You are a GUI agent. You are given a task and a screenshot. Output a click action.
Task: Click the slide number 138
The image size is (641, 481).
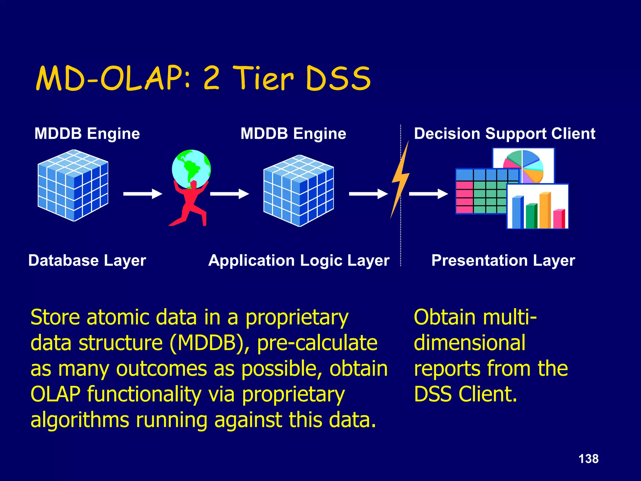588,459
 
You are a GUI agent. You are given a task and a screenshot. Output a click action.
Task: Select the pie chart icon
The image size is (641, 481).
523,166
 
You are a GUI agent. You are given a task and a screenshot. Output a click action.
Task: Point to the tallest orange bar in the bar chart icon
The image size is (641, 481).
545,210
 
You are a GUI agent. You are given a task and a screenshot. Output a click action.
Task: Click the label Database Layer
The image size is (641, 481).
87,261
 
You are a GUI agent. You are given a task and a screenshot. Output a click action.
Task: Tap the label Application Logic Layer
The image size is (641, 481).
299,261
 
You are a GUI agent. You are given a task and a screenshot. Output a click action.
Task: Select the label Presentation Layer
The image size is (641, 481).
503,261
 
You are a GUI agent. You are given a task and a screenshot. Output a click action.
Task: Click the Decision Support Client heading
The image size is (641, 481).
505,134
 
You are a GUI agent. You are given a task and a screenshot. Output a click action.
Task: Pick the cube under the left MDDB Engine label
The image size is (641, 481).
73,185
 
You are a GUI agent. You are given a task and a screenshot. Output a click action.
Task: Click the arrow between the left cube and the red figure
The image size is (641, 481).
143,194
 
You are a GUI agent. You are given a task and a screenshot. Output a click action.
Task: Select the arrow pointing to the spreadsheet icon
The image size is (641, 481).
428,194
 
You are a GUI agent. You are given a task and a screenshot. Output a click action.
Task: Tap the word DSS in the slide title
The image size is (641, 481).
338,78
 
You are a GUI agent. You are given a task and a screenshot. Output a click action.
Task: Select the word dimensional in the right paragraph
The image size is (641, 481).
469,343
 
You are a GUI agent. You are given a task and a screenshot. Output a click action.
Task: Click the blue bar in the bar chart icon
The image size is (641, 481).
517,212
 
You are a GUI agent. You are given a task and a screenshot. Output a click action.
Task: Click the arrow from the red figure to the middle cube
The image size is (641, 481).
229,194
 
